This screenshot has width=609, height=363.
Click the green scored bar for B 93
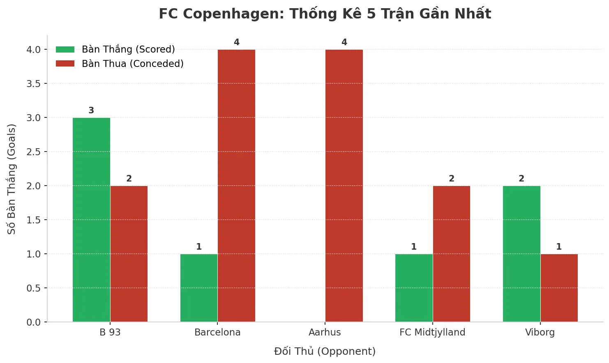point(91,220)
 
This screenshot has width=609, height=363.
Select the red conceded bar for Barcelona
point(236,186)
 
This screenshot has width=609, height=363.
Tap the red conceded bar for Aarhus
point(344,186)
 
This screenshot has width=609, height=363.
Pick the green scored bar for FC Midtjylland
point(414,288)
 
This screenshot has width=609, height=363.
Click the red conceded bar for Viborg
point(559,288)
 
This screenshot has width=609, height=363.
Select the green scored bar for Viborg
point(521,254)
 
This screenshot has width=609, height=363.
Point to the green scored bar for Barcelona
point(199,288)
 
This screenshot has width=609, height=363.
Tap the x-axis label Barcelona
point(217,332)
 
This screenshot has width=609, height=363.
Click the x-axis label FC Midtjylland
point(432,332)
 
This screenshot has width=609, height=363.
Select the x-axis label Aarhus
point(325,332)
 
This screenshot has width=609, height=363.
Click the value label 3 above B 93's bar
point(91,110)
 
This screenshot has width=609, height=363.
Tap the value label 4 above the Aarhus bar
point(344,42)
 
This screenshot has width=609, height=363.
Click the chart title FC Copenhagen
point(325,14)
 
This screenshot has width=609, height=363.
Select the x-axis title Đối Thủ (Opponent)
point(325,352)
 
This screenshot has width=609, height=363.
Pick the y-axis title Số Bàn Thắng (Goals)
point(12,179)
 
